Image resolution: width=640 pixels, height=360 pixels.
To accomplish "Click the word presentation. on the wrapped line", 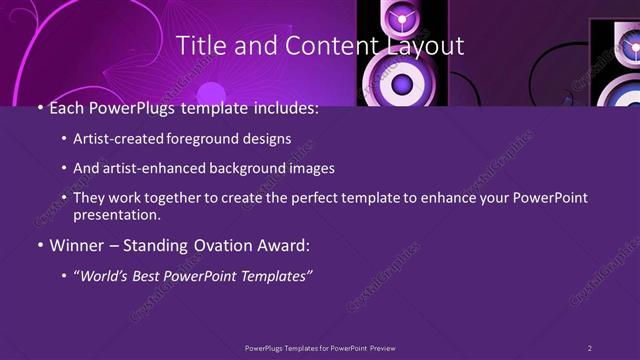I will pyautogui.click(x=119, y=214).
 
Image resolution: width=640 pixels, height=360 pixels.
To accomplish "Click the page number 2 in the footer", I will pyautogui.click(x=589, y=347).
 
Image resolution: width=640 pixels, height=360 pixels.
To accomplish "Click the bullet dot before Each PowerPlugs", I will pyautogui.click(x=39, y=109).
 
